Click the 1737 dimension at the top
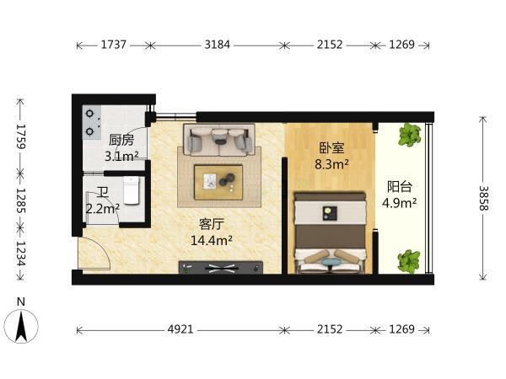coord(113,45)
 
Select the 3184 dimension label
coord(218,45)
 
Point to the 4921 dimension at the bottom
coord(180,329)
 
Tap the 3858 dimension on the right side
coord(483,198)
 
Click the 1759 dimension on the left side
coord(21,136)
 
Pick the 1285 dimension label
coord(21,200)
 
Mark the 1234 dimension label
coord(21,254)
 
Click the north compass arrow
coord(21,326)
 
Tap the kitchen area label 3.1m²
coord(121,157)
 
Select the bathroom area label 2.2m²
coord(103,209)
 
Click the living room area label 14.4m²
coord(212,240)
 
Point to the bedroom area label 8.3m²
coord(331,164)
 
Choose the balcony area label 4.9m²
coord(400,203)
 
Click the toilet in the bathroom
coord(132,190)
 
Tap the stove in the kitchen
coord(92,122)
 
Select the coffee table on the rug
coord(218,183)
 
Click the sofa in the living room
coord(219,139)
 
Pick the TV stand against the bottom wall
coord(221,267)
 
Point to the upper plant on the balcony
coord(410,135)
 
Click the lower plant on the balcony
coord(409,261)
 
